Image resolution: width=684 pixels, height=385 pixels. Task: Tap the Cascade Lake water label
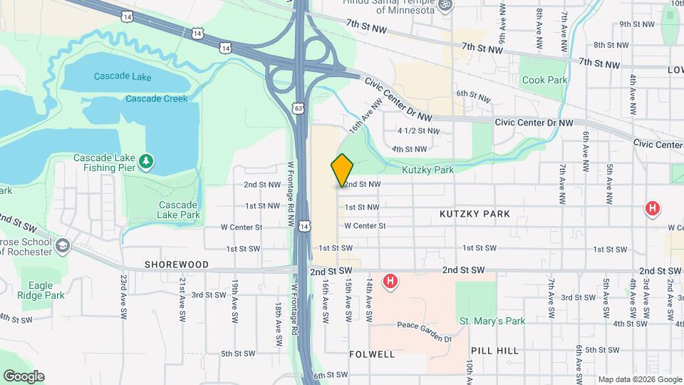pyautogui.click(x=122, y=77)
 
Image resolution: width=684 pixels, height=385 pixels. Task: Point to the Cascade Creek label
pyautogui.click(x=157, y=98)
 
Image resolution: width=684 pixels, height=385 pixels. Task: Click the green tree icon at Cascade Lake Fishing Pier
pyautogui.click(x=146, y=162)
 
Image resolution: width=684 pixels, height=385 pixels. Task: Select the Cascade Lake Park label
pyautogui.click(x=179, y=209)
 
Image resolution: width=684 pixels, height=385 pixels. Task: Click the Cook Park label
pyautogui.click(x=545, y=80)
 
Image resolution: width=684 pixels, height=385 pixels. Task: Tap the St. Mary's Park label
pyautogui.click(x=492, y=322)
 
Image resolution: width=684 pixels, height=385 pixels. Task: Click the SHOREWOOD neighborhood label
pyautogui.click(x=177, y=265)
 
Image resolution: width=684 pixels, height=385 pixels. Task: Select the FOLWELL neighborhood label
pyautogui.click(x=372, y=354)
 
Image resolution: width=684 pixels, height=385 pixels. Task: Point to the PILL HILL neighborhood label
pyautogui.click(x=495, y=351)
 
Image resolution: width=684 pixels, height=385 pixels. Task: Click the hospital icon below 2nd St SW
pyautogui.click(x=390, y=282)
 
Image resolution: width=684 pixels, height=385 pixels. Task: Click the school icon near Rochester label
pyautogui.click(x=63, y=246)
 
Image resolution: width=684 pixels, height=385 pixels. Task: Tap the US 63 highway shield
pyautogui.click(x=298, y=108)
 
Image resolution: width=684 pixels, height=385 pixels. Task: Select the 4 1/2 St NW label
pyautogui.click(x=419, y=131)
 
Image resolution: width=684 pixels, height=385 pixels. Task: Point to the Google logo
pyautogui.click(x=24, y=376)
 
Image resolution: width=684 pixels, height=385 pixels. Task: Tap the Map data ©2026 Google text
pyautogui.click(x=639, y=379)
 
